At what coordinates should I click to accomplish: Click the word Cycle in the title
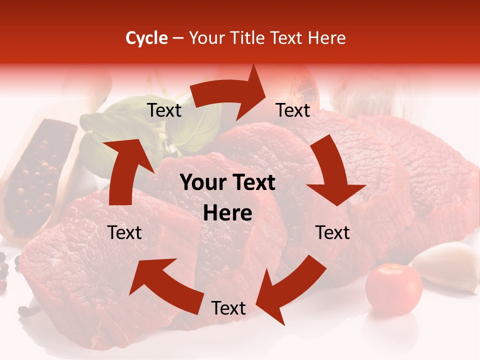146,38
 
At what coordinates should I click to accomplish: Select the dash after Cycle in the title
178,38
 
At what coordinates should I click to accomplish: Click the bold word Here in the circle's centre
228,213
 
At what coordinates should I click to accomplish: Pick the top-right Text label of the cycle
293,110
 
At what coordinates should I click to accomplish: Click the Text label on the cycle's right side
332,232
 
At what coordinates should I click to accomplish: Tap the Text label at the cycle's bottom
228,308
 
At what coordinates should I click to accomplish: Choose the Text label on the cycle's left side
125,232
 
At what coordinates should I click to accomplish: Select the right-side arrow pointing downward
332,170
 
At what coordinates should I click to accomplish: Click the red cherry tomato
393,289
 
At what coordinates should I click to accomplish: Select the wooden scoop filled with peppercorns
37,170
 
